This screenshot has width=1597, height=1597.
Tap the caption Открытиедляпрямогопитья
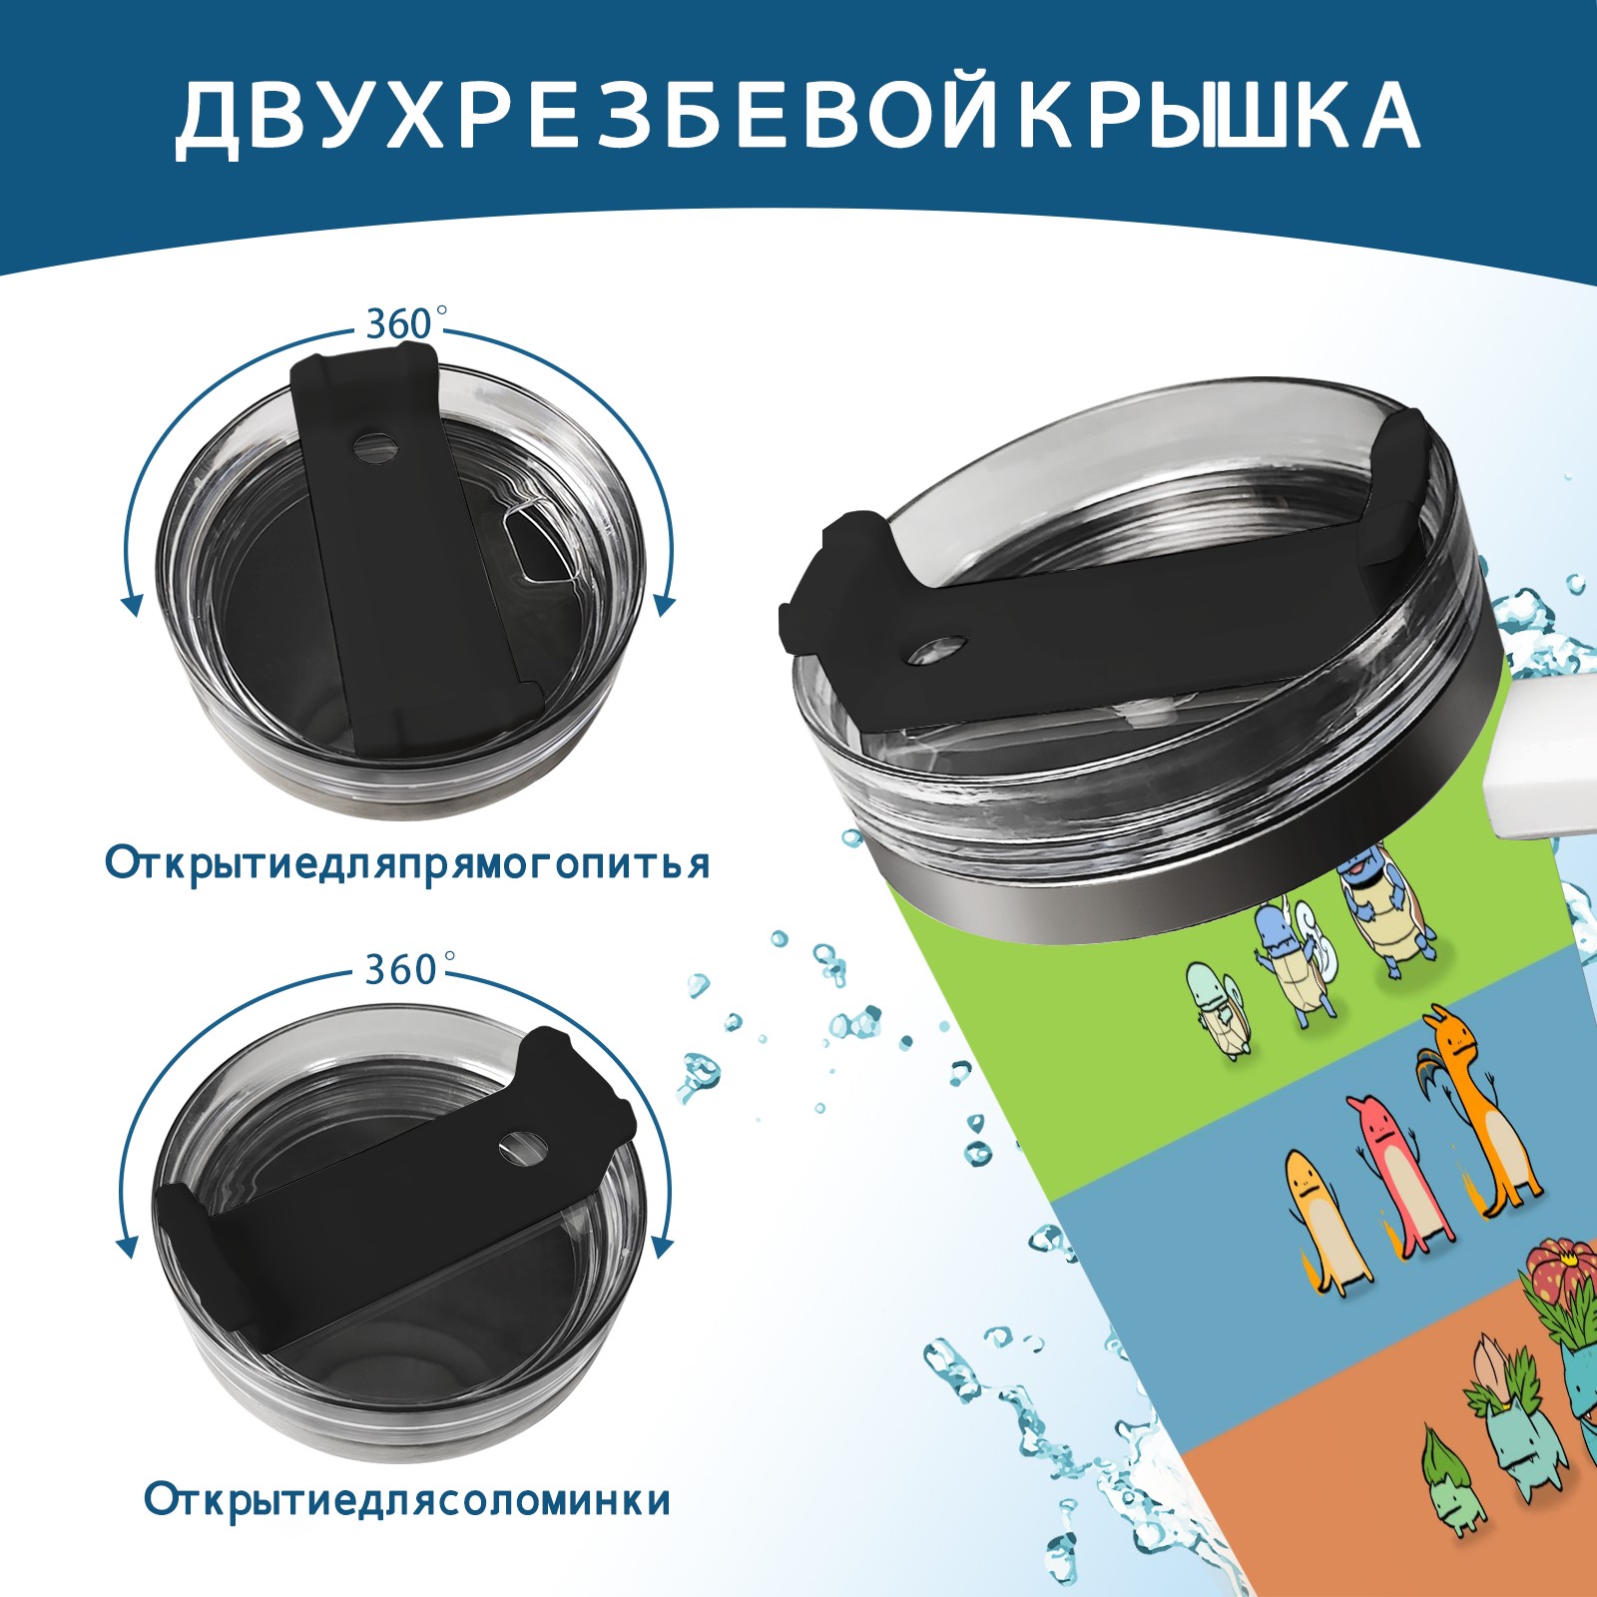point(407,863)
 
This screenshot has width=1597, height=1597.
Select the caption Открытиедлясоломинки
point(407,1501)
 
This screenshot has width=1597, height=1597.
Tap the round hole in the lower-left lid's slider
point(519,1146)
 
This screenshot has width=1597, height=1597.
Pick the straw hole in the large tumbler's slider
point(937,648)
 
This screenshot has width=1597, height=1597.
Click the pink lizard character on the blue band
point(1392,1174)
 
